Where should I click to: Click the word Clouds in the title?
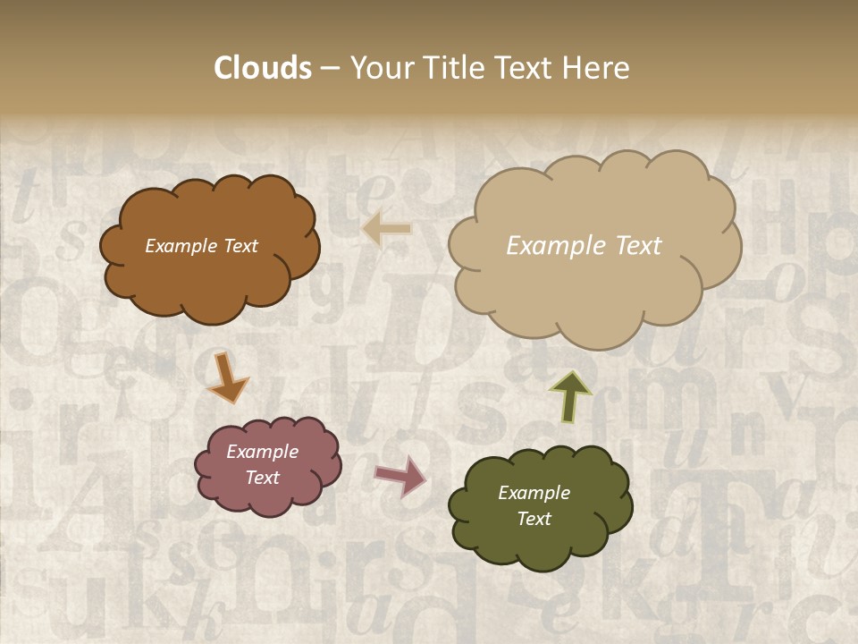(x=263, y=68)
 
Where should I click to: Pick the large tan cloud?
(x=594, y=286)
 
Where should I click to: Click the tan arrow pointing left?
(x=387, y=229)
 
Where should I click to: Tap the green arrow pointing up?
(x=569, y=395)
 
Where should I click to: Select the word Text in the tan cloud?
(x=632, y=246)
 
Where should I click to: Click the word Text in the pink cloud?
(x=263, y=478)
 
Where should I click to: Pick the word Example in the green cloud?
(x=534, y=493)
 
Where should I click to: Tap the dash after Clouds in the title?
(x=329, y=68)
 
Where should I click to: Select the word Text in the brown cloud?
(x=239, y=246)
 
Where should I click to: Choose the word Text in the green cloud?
(x=534, y=519)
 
